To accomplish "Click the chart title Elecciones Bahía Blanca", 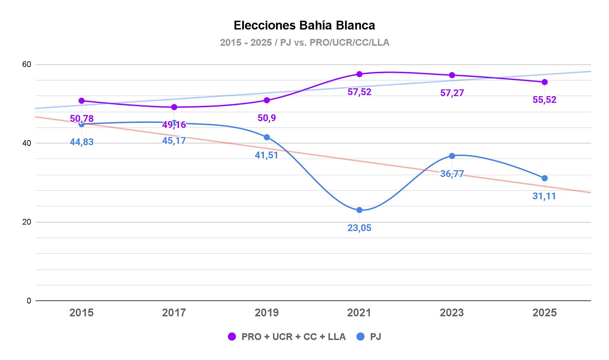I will click(304, 26).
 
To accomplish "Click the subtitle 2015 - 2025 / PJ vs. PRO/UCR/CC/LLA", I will click(304, 43).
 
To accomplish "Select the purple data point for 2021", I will click(359, 74).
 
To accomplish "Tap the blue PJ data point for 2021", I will click(359, 210).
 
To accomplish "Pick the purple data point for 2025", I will click(545, 82).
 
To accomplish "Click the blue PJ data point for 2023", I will click(452, 156).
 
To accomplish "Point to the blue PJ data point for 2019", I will click(267, 137).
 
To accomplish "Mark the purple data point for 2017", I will click(174, 107).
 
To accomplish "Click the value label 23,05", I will click(359, 228).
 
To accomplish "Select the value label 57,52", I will click(359, 92).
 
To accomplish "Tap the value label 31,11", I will click(544, 196).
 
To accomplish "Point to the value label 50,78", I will click(82, 119).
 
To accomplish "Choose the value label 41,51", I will click(266, 155).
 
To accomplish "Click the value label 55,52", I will click(545, 100).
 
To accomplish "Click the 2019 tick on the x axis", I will click(267, 313).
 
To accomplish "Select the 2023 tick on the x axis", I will click(452, 313).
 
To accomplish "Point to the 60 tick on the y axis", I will click(27, 64).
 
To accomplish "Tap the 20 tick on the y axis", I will click(27, 222).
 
